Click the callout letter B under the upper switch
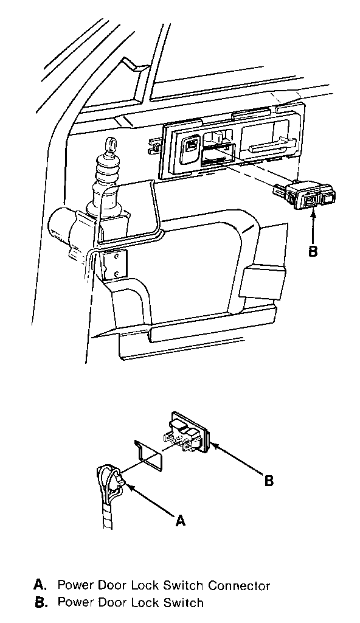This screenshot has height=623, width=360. pos(313,251)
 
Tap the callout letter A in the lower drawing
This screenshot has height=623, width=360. pos(181,521)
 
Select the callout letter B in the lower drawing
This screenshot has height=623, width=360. pos(269,481)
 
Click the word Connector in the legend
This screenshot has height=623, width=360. pos(240,586)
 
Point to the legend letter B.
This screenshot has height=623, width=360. pos(40,602)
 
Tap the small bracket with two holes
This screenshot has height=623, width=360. pos(114,265)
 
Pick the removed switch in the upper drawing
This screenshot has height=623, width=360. pos(304,195)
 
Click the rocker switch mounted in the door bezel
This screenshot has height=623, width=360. pos(191,150)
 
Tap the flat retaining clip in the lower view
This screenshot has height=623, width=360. pos(148,456)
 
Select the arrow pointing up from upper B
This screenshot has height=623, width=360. pos(313,227)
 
